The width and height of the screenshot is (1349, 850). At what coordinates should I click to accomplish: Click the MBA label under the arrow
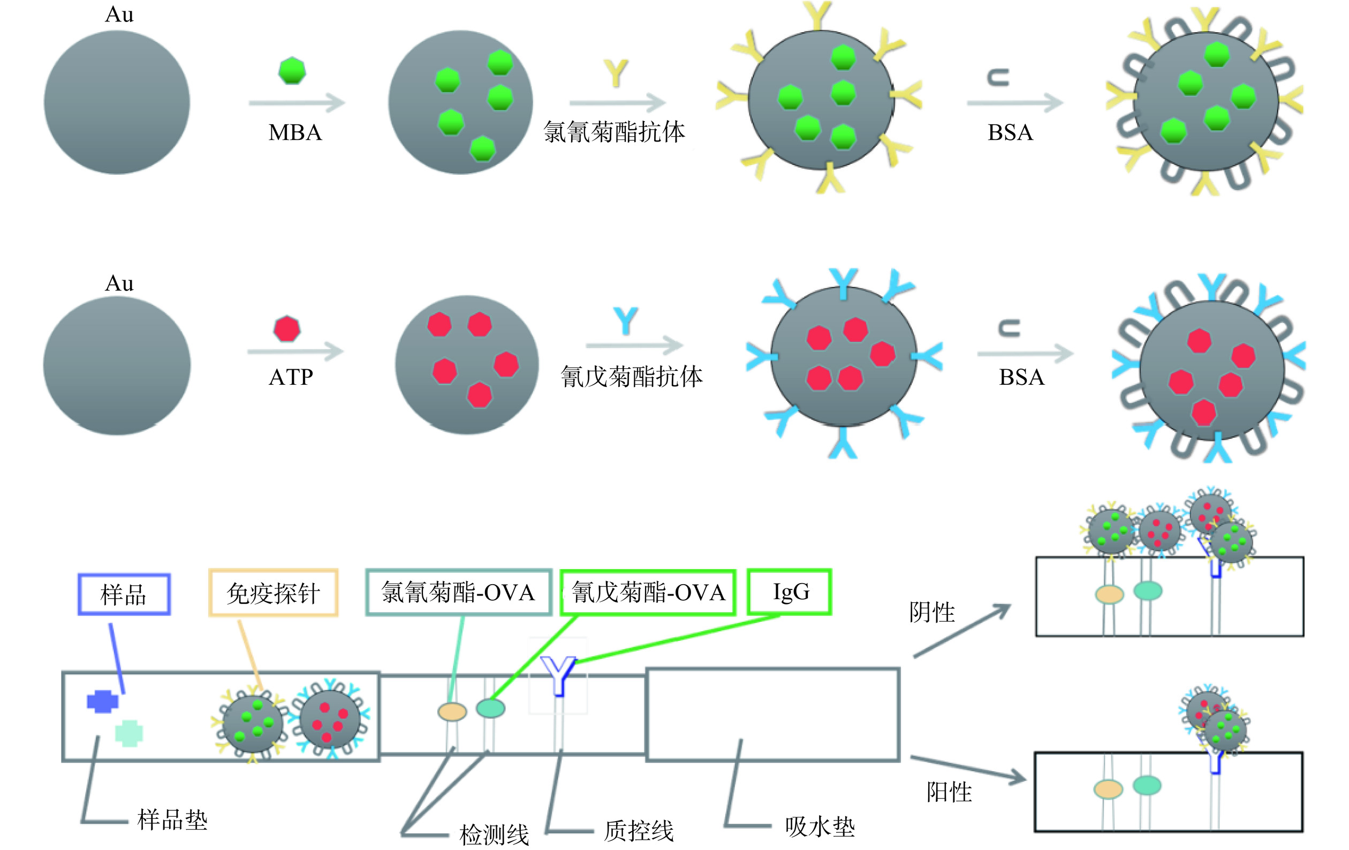pos(295,133)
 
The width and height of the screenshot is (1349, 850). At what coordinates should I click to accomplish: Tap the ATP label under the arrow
pos(291,377)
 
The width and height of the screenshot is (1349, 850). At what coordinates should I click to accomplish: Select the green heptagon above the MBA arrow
pos(292,70)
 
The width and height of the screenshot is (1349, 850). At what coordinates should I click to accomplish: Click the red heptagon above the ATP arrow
pos(287,329)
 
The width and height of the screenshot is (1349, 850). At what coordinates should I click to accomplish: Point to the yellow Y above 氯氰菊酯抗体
pos(616,73)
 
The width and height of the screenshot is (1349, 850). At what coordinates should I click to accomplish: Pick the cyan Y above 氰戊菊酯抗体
pos(625,320)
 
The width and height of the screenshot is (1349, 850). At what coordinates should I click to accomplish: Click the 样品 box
pos(124,594)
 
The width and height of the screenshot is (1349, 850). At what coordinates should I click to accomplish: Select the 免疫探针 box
pos(274,593)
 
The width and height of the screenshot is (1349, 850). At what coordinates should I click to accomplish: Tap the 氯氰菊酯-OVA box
pos(458,593)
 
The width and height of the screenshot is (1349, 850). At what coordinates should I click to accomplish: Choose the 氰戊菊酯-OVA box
pos(648,593)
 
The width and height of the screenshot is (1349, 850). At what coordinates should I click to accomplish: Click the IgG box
pos(790,592)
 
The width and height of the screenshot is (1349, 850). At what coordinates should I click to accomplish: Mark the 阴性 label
pos(932,612)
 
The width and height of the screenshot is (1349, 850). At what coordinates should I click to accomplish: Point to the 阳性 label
pos(949,792)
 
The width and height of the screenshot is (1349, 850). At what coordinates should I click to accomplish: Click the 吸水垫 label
pos(820,827)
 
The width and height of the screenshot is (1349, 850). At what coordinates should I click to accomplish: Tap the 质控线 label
pos(638,831)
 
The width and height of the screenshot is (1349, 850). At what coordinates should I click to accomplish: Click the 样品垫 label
pos(172,821)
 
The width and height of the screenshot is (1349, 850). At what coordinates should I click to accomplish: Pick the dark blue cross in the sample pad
pos(103,702)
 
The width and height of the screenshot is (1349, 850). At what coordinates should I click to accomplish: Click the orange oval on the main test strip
pos(452,712)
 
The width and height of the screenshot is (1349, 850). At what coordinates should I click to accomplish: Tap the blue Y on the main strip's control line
pos(558,675)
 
